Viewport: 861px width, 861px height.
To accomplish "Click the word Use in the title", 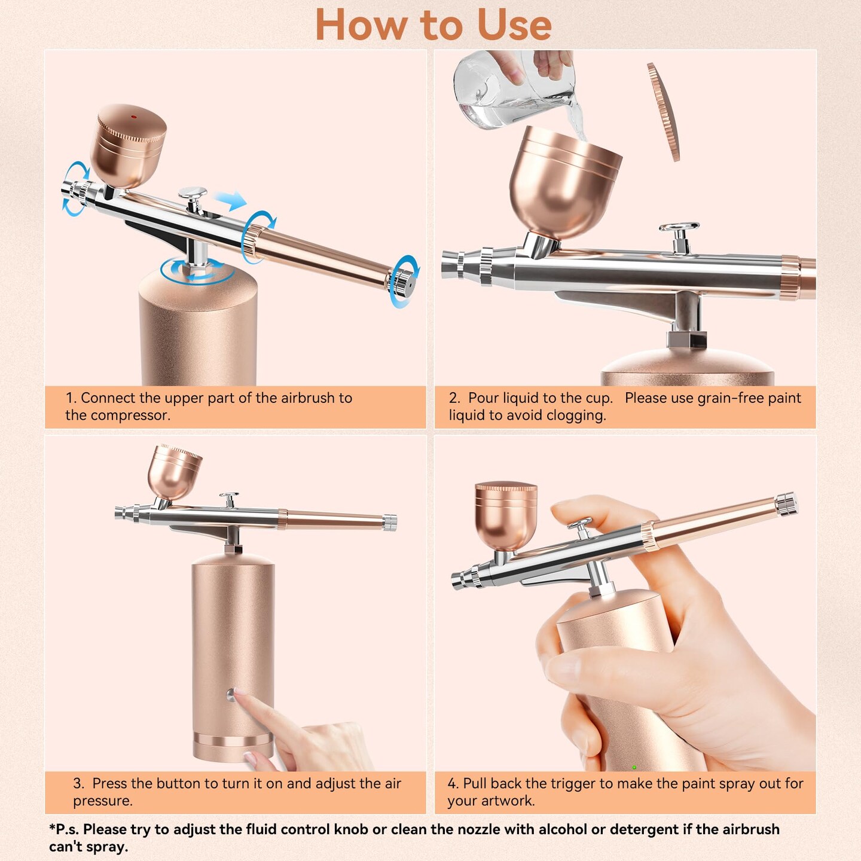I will click(514, 26).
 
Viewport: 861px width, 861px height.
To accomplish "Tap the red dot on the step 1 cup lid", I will click(133, 117).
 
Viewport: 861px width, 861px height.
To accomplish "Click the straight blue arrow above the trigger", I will click(231, 200).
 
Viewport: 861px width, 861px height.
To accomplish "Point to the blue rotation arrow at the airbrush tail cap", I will click(404, 281).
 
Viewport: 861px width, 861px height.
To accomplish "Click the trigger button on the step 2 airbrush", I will click(679, 229).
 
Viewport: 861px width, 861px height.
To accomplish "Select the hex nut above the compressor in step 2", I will click(686, 338).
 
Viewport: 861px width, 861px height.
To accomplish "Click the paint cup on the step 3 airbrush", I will click(174, 472).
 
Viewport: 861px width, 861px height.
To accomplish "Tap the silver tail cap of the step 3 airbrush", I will click(390, 523).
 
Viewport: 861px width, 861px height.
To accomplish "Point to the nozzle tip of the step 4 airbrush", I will click(457, 580).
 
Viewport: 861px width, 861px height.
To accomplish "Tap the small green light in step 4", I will click(634, 767).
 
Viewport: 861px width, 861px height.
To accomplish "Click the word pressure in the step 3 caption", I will click(102, 801).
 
